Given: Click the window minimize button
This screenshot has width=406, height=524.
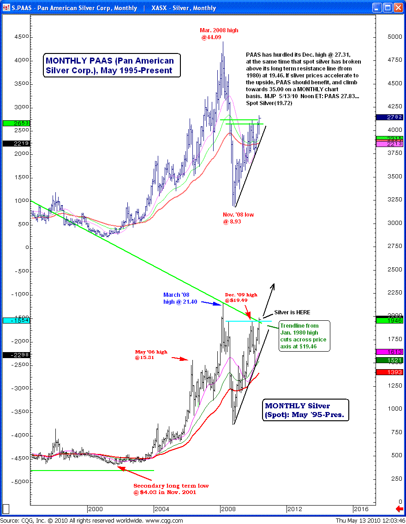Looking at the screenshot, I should click(377, 7).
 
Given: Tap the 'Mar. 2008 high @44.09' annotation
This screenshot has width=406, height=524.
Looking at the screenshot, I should click(220, 34).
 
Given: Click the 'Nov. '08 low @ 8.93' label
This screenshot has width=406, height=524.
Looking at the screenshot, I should click(238, 218).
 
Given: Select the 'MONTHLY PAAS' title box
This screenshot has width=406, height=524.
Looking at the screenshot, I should click(110, 65).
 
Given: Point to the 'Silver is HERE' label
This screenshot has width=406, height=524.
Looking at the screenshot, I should click(293, 312).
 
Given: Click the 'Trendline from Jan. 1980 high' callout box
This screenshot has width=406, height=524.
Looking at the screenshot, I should click(304, 336).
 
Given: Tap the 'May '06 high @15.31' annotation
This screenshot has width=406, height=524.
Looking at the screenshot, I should click(151, 354).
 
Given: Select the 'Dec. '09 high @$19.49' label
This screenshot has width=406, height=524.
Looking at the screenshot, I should click(241, 297).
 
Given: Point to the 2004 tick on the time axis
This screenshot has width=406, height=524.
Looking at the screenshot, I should click(161, 509).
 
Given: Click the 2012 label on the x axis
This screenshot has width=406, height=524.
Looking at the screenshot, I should click(294, 509).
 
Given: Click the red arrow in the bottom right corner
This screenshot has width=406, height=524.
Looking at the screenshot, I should click(400, 509).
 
